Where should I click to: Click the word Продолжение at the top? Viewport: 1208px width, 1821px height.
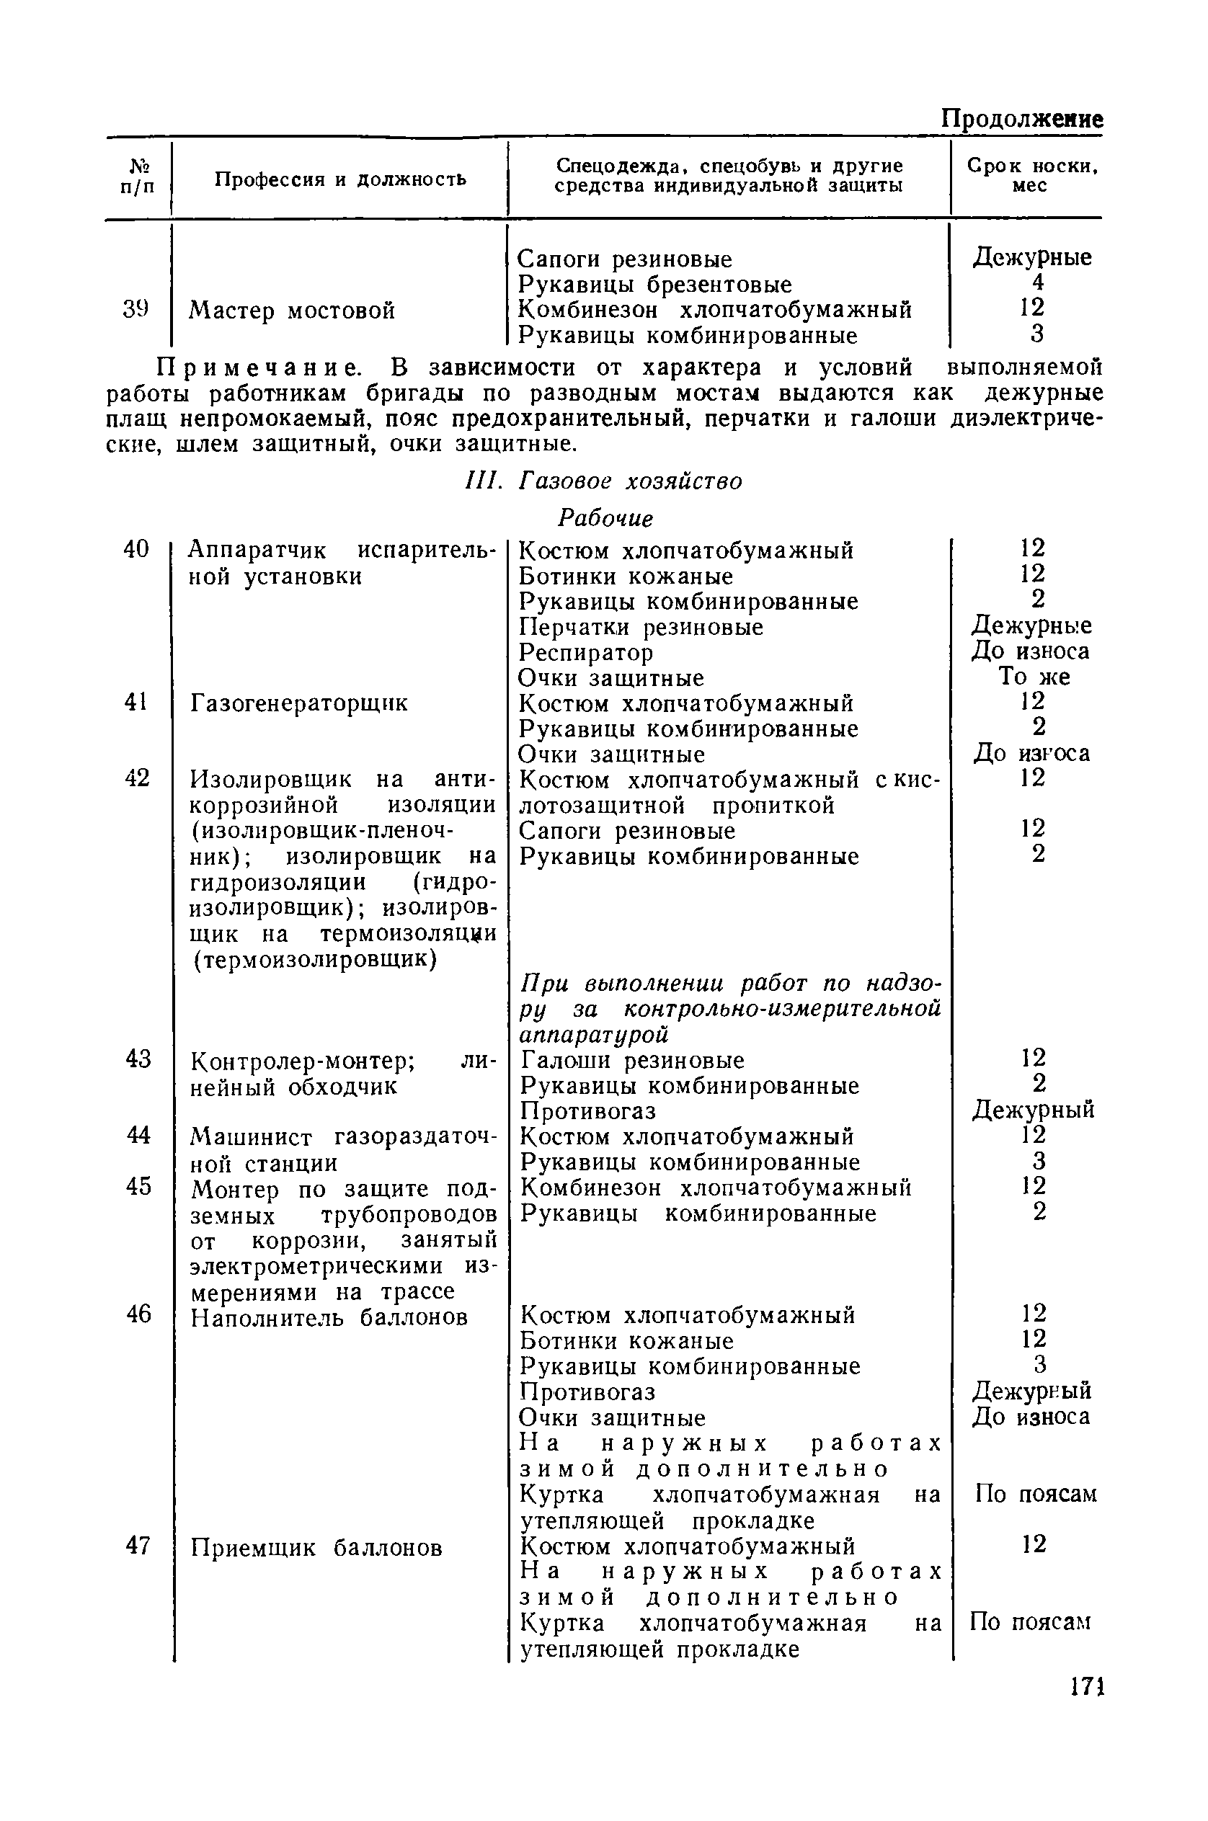coord(1022,119)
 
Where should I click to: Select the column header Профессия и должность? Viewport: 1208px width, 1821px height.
coord(340,179)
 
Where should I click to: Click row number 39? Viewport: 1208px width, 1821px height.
coord(136,309)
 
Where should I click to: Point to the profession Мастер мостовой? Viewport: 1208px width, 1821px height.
coord(292,311)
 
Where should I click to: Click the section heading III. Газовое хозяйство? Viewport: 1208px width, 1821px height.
coord(605,481)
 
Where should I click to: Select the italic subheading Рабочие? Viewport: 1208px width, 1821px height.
coord(605,518)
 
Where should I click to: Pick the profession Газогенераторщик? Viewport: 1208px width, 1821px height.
coord(299,703)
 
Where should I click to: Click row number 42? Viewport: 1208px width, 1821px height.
coord(136,779)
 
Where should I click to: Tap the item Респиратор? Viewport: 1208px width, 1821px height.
coord(585,652)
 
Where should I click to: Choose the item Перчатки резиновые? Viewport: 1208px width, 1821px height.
coord(641,627)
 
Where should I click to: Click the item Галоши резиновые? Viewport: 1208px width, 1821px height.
coord(633,1061)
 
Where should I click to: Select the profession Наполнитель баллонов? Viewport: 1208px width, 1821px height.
coord(329,1318)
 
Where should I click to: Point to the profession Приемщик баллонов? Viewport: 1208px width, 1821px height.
coord(316,1548)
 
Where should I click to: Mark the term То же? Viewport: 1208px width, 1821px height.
coord(1034,677)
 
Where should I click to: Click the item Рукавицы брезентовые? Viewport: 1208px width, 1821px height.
coord(655,284)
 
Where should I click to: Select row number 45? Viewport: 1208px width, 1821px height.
coord(138,1187)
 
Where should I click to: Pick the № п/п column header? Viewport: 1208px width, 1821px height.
coord(137,176)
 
